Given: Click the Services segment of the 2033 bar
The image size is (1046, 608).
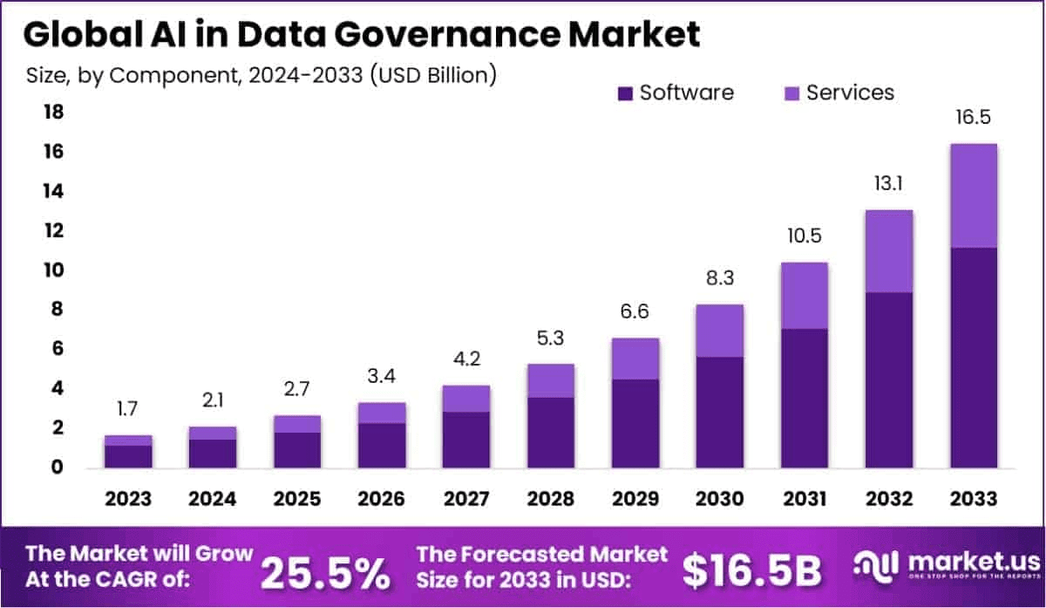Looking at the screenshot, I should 973,195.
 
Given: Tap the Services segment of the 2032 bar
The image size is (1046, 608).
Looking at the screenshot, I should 888,251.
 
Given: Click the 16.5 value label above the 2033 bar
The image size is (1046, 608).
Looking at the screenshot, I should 973,118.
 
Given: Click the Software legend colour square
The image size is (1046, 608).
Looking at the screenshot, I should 625,93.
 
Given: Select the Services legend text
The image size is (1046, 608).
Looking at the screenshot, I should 850,92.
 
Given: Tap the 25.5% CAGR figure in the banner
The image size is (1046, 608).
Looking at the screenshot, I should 325,572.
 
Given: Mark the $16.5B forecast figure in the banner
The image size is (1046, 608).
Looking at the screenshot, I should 751,572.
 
